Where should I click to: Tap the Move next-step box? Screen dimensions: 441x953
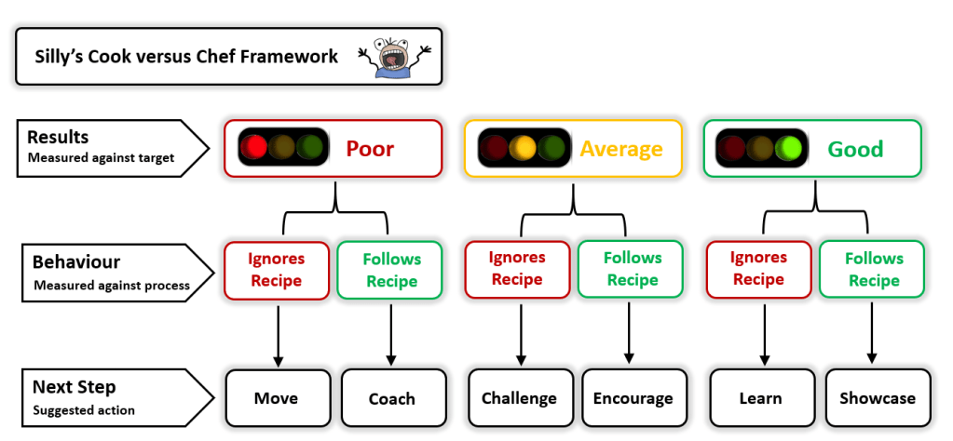click(x=277, y=398)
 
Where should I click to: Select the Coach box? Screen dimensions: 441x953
click(x=391, y=398)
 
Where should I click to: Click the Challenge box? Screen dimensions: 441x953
click(x=519, y=398)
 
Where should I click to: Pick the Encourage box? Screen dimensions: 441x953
click(x=633, y=398)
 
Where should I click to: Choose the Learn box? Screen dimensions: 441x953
click(x=760, y=398)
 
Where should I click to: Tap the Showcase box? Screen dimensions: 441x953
click(x=877, y=398)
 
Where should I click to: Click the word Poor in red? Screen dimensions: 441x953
click(x=370, y=149)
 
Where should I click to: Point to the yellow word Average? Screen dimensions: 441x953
click(x=621, y=149)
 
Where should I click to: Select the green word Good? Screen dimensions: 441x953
click(x=855, y=149)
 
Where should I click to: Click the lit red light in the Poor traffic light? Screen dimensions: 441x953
click(x=253, y=147)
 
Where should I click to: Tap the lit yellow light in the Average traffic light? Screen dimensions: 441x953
click(x=524, y=147)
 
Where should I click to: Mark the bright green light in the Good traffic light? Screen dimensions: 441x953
click(x=791, y=147)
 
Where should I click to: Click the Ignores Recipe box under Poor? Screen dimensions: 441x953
click(x=277, y=269)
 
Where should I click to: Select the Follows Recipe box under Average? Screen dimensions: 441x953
click(x=633, y=269)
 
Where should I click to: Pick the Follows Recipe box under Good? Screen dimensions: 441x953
click(x=874, y=270)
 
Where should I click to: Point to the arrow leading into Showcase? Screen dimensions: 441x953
click(x=873, y=333)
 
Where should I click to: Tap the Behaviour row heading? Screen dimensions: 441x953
click(x=76, y=261)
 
